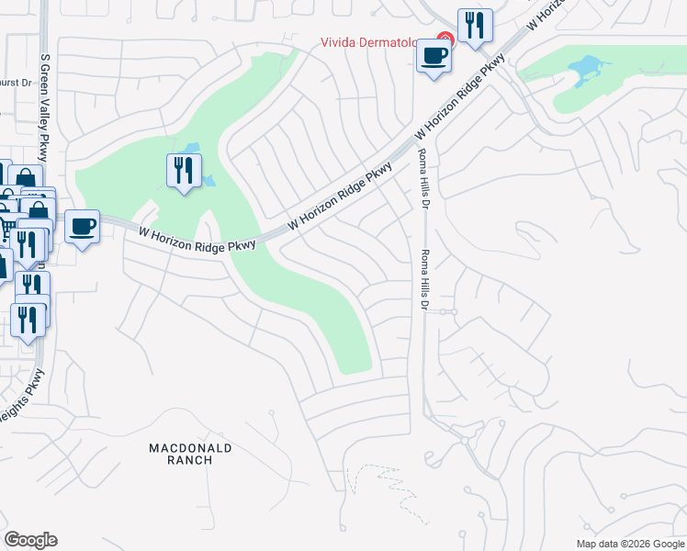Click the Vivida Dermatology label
point(377,41)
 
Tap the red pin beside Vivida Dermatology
point(445,39)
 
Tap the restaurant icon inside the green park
point(184,170)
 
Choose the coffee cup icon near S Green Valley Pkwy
point(82,226)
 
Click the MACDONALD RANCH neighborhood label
point(191,454)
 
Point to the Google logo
point(30,540)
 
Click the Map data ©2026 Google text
point(630,544)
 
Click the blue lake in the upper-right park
point(584,70)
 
